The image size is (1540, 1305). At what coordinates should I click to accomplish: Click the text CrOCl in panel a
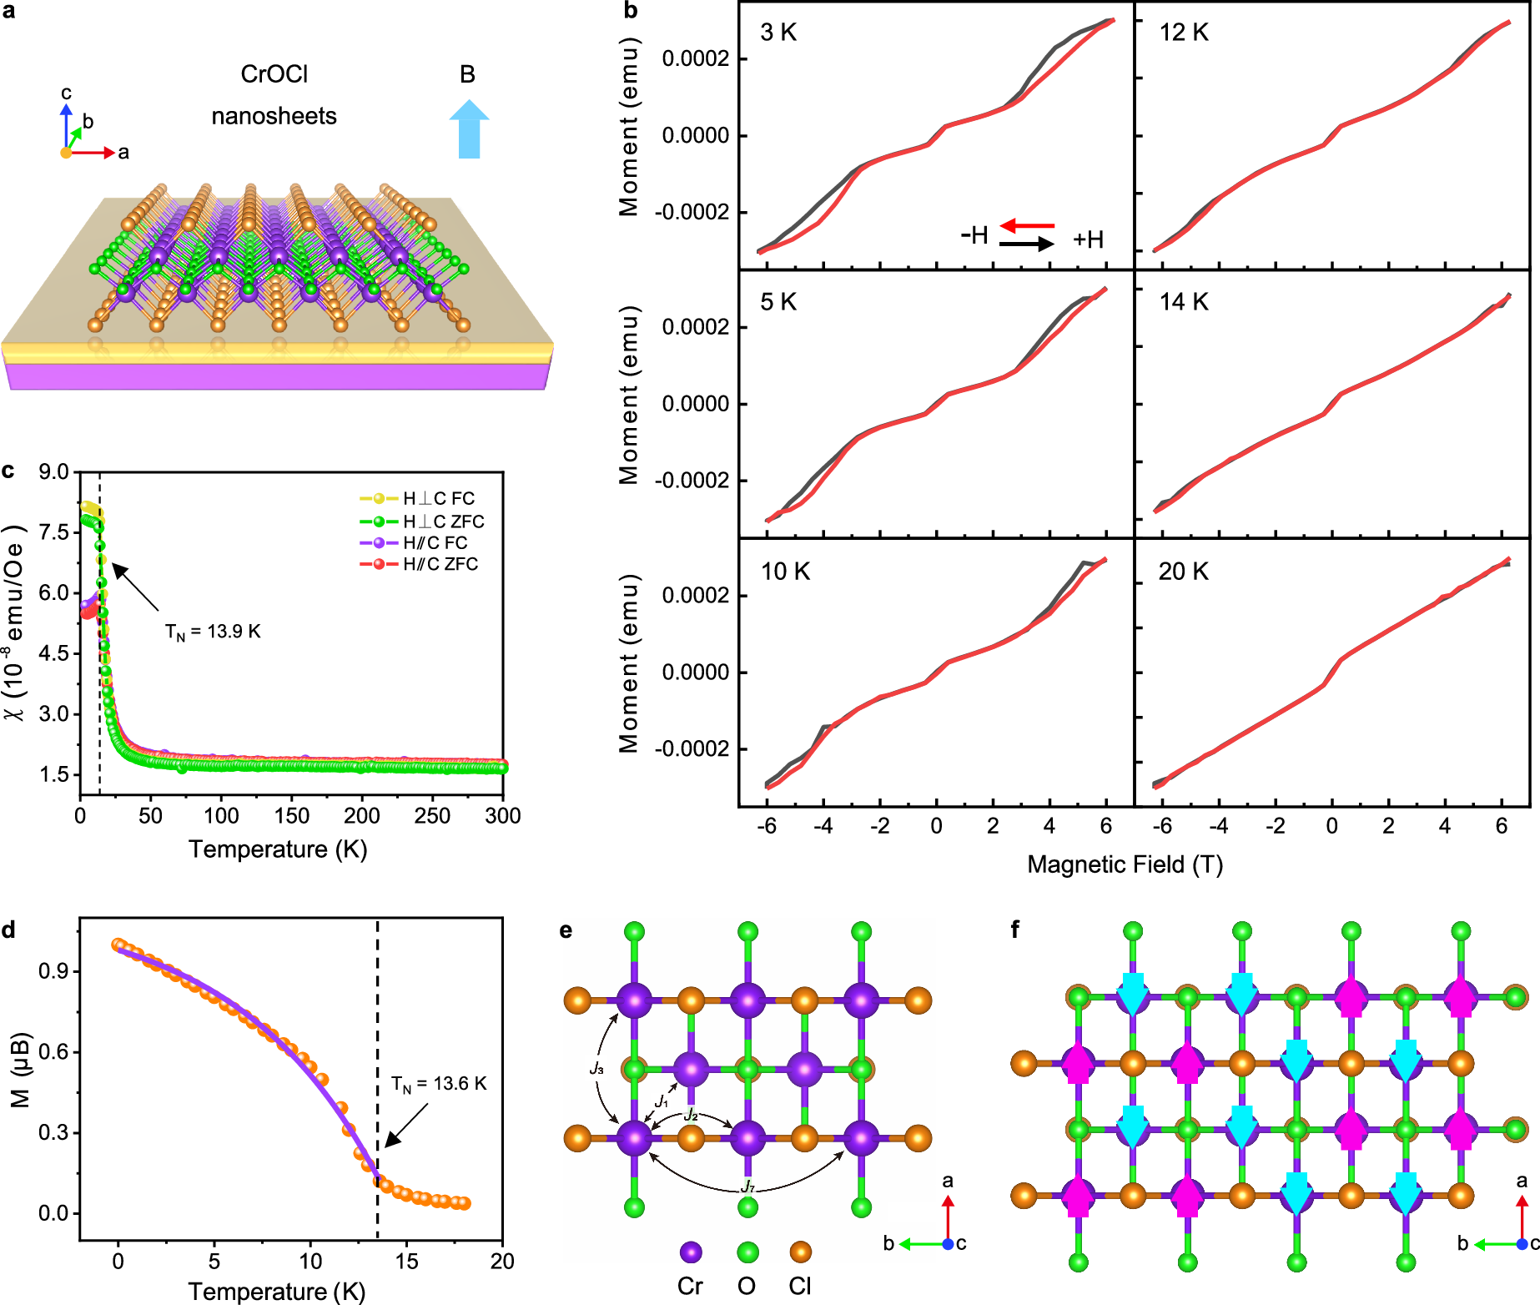click(x=274, y=74)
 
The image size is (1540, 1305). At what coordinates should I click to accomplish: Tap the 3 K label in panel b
click(x=778, y=33)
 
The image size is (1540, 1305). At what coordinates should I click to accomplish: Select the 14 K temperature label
click(x=1184, y=302)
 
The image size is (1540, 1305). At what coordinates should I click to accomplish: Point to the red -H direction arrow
click(x=1027, y=225)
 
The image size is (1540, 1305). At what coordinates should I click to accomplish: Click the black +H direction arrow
click(x=1027, y=244)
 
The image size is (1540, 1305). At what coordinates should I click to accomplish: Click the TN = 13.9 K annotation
click(x=213, y=632)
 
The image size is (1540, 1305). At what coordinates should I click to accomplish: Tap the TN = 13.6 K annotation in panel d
click(x=439, y=1084)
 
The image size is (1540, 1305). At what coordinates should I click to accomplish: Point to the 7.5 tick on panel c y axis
click(x=54, y=532)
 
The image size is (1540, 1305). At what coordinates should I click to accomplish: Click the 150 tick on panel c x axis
click(x=292, y=816)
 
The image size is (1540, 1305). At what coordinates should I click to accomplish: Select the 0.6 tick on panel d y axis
click(x=54, y=1051)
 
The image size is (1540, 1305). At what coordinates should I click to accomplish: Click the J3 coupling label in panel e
click(x=596, y=1068)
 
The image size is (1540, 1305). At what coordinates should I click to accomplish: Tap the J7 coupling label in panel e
click(x=747, y=1187)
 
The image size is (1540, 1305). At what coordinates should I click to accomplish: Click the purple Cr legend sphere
click(x=691, y=1252)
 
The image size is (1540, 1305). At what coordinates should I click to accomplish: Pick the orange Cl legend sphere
click(x=800, y=1252)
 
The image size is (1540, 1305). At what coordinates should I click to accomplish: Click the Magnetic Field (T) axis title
click(x=1125, y=864)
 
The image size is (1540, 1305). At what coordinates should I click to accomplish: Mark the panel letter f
click(x=1015, y=930)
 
